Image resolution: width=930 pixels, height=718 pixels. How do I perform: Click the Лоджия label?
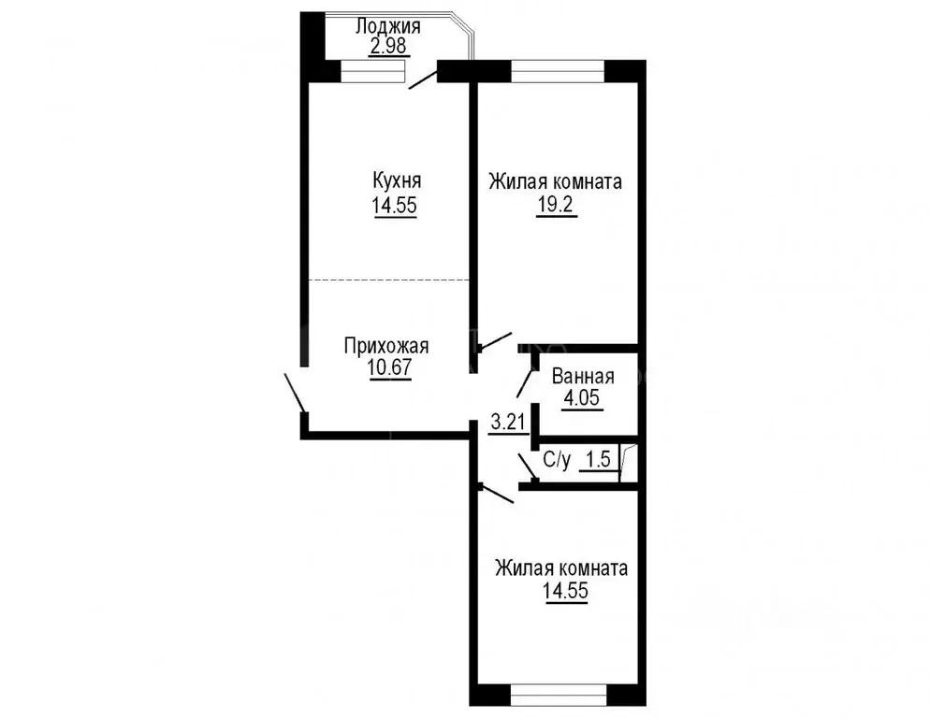coord(387,26)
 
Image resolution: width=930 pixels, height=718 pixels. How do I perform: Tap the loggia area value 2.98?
coord(387,47)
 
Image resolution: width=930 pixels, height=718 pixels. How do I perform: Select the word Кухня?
coord(396,180)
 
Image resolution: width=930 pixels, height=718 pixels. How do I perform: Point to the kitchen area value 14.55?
coord(396,207)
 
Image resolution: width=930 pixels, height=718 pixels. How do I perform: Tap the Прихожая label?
coord(385,347)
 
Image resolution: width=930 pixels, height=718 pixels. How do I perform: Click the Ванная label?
coord(582,377)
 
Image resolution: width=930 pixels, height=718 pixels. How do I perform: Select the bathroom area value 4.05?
coord(581,399)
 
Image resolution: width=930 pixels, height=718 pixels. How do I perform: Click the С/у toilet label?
coord(557,460)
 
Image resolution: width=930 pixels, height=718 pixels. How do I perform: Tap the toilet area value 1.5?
coord(598,460)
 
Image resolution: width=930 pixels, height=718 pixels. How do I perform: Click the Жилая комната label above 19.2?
coord(555,181)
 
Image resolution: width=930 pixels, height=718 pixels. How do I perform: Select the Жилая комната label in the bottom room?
coord(561,568)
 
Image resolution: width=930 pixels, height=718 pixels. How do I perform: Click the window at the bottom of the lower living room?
coord(558,696)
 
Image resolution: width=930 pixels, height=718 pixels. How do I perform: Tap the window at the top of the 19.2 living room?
coord(558,71)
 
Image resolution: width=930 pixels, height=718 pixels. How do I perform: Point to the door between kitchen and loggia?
coord(423,77)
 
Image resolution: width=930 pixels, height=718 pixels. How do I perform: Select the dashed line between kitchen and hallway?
coord(389,280)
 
